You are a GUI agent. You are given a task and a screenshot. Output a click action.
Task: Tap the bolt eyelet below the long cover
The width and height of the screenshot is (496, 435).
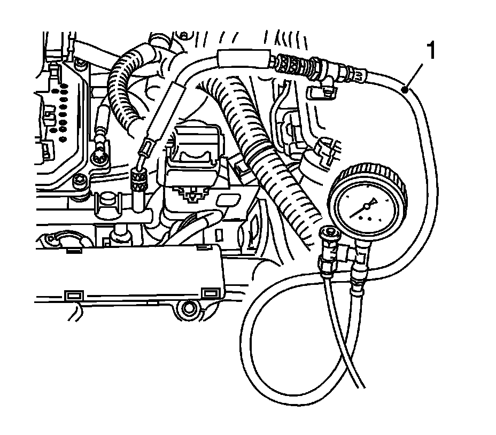coord(189,309)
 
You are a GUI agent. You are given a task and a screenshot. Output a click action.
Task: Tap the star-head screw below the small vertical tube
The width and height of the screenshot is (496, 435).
coord(98,157)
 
